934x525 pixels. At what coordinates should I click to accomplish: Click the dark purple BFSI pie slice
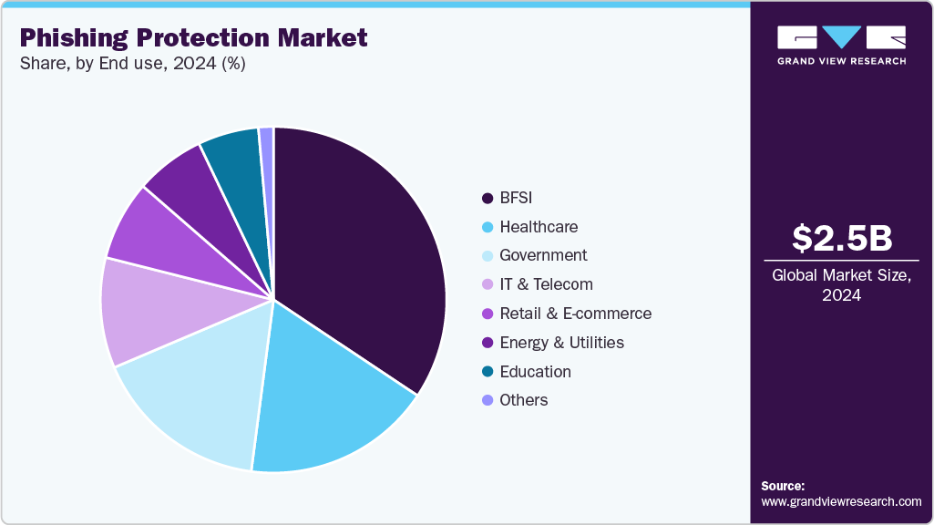(x=364, y=255)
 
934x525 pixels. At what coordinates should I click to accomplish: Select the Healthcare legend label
(x=539, y=227)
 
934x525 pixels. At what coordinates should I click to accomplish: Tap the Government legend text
(x=543, y=255)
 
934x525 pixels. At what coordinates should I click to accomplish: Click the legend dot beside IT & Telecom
(x=488, y=284)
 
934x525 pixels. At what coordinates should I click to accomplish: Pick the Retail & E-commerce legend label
(x=575, y=314)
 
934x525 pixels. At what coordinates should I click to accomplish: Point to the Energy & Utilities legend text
(x=561, y=343)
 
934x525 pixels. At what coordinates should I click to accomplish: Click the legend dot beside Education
(x=488, y=372)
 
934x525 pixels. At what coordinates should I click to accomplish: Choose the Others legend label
(x=524, y=400)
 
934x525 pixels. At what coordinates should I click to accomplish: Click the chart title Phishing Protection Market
(x=194, y=37)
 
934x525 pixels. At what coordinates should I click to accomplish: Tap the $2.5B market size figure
(x=841, y=239)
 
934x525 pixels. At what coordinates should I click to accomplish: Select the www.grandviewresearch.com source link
(x=841, y=501)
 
